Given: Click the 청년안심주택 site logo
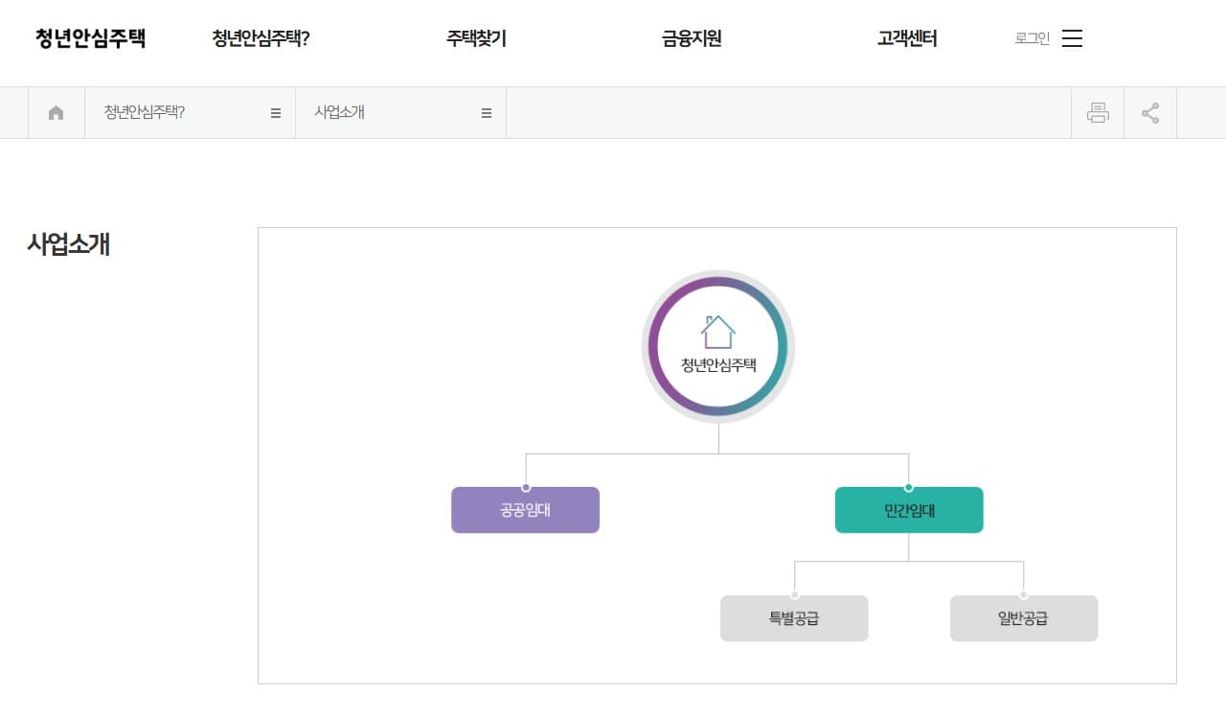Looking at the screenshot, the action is tap(91, 38).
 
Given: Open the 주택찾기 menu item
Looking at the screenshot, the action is tap(476, 38).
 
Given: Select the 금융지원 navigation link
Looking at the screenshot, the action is tap(692, 38).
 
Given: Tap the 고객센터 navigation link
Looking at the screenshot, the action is tap(907, 38).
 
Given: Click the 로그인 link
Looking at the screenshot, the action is tap(1033, 38).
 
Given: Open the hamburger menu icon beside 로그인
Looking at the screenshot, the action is tap(1073, 38).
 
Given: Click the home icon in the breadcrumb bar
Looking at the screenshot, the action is tap(57, 113).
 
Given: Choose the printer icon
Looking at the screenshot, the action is tap(1098, 113).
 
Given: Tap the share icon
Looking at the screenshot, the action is tap(1150, 113).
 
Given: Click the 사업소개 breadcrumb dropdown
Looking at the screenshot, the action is tap(400, 113).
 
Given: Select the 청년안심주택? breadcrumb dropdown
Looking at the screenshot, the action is tap(190, 113).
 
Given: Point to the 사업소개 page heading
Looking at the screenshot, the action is tap(69, 244).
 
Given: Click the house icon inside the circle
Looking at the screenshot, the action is tap(718, 332).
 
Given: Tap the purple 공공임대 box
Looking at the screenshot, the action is tap(525, 510).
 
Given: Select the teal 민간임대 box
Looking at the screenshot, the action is tap(909, 510).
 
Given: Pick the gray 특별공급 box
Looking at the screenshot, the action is tap(794, 618).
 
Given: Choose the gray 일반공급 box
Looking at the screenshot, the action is tap(1024, 618).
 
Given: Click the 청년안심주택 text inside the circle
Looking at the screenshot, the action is tap(718, 365).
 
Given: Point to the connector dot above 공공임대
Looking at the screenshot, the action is tap(526, 488).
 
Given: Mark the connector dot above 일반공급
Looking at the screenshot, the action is tap(1024, 595).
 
